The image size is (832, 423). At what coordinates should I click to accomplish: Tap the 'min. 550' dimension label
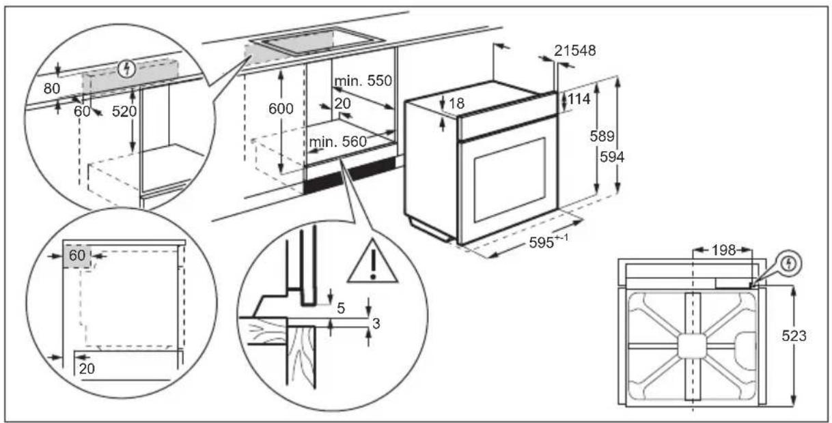[x=363, y=81]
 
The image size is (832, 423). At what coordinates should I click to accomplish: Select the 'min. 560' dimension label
[x=337, y=142]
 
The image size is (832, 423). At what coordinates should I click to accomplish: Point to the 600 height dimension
[x=281, y=108]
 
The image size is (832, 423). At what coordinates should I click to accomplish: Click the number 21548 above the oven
[x=574, y=50]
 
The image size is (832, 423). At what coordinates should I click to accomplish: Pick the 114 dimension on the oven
[x=579, y=99]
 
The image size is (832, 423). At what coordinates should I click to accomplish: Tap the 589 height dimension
[x=602, y=136]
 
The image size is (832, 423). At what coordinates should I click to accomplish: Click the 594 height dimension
[x=612, y=157]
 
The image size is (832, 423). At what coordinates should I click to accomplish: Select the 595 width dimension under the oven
[x=549, y=242]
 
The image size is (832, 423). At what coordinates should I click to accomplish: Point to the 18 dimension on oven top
[x=456, y=103]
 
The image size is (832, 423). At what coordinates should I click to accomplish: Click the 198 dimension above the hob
[x=723, y=250]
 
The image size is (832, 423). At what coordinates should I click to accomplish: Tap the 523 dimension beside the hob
[x=794, y=336]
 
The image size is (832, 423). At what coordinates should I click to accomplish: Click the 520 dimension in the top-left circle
[x=124, y=111]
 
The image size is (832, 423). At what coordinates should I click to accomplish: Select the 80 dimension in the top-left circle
[x=52, y=89]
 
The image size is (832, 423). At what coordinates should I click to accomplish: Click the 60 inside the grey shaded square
[x=77, y=255]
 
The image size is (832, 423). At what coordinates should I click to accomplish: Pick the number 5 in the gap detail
[x=341, y=308]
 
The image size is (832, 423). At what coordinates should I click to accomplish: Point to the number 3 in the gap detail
[x=376, y=323]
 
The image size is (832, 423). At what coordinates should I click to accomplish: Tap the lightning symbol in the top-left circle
[x=126, y=69]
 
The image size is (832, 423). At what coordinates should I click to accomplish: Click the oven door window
[x=510, y=179]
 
